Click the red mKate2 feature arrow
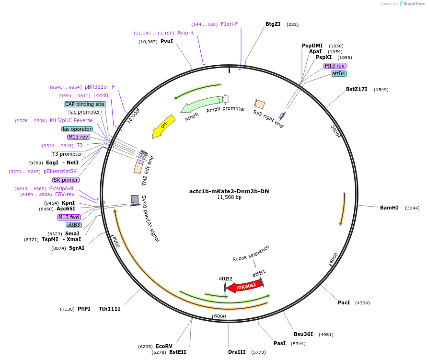point(245,286)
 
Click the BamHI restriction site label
point(389,208)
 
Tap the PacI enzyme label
point(344,302)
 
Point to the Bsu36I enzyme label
point(303,334)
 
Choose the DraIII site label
point(237,352)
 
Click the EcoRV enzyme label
point(164,346)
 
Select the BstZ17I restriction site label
point(357,89)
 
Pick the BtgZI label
point(273,24)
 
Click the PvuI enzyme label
point(167,42)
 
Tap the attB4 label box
point(338,73)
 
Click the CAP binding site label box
point(85,104)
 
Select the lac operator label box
point(77,129)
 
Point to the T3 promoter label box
point(67,154)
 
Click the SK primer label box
point(66,180)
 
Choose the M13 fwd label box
point(68,217)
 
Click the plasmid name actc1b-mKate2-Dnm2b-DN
point(229,191)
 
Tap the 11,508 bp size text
point(229,197)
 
